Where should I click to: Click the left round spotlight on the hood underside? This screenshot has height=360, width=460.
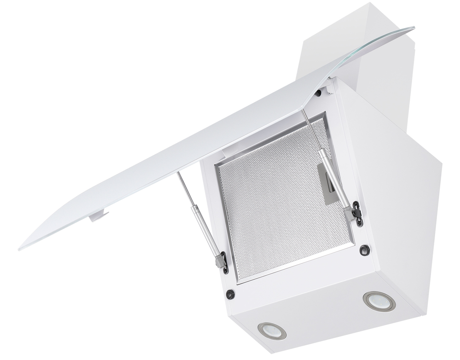[272, 331]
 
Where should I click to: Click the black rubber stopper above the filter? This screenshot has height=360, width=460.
[318, 93]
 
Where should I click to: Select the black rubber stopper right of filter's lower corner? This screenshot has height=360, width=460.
[365, 250]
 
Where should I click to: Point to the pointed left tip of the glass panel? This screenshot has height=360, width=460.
[21, 248]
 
